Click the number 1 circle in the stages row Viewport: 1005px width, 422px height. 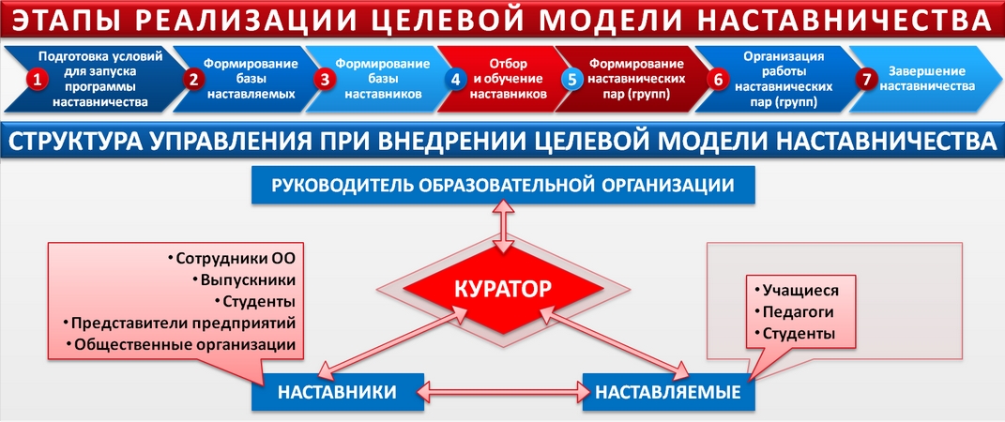[x=36, y=80]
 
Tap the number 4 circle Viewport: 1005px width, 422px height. [x=455, y=80]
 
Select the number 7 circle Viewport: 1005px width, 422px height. [x=862, y=79]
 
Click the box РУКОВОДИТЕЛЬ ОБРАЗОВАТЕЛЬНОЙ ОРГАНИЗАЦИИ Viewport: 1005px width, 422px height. [x=503, y=185]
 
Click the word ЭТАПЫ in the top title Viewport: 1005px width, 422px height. [x=81, y=20]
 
